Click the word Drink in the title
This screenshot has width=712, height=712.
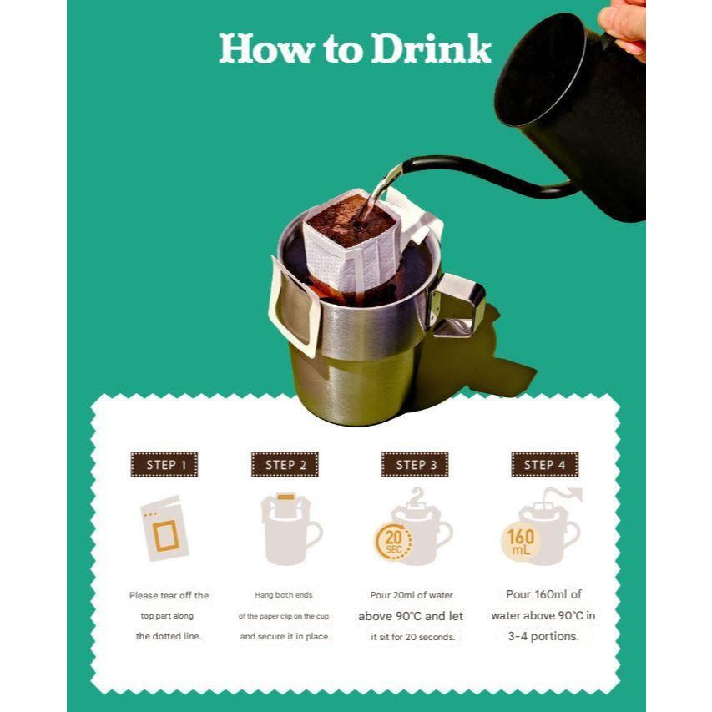(431, 48)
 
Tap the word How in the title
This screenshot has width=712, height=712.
(266, 48)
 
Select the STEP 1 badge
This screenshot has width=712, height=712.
(164, 465)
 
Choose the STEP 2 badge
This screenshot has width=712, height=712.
(285, 465)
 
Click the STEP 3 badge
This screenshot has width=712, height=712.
(415, 465)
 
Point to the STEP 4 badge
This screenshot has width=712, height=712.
(544, 465)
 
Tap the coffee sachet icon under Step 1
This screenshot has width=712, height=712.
(164, 528)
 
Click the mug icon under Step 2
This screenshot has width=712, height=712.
(291, 529)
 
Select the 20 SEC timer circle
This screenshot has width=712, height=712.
(393, 541)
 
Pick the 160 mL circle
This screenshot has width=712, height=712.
(520, 542)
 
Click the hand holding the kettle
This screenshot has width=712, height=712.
(624, 25)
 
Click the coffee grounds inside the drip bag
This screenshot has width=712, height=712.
(350, 221)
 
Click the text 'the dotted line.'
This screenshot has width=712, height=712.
(169, 636)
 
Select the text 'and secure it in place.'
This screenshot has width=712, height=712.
(285, 637)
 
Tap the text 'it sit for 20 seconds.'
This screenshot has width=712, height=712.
(413, 637)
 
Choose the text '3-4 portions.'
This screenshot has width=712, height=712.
(543, 636)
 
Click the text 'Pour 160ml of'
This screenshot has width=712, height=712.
(544, 594)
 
